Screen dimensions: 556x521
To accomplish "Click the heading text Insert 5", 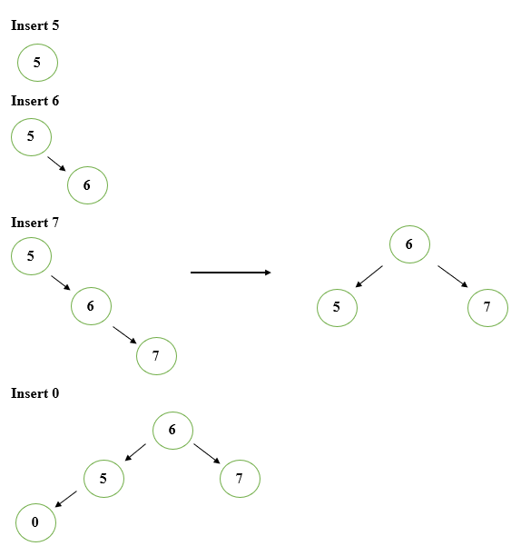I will click(34, 25).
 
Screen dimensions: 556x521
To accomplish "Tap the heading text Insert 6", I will click(34, 101).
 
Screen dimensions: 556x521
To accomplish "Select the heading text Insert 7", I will click(34, 223).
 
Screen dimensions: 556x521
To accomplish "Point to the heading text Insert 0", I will click(34, 393).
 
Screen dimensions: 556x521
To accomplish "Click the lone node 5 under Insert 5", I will click(37, 63).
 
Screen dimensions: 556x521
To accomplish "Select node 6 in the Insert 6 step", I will click(87, 185).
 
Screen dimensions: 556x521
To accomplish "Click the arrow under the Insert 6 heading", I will click(57, 162).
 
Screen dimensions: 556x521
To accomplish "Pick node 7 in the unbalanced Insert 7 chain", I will click(156, 356).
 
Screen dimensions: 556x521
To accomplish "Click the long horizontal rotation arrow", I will click(231, 272).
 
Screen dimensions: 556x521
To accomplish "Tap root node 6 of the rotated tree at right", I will click(409, 244).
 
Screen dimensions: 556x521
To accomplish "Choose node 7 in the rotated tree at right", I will click(487, 307).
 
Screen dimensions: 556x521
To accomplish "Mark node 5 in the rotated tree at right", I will click(337, 307).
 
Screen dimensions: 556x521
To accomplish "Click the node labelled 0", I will click(35, 522).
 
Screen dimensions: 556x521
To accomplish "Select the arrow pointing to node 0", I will click(65, 499).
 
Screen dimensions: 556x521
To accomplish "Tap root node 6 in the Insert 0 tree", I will click(172, 430).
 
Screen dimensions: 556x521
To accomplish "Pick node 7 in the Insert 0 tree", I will click(240, 478).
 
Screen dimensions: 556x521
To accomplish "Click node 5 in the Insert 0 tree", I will click(103, 478).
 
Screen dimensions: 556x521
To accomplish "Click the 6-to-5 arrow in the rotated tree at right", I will click(369, 276).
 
